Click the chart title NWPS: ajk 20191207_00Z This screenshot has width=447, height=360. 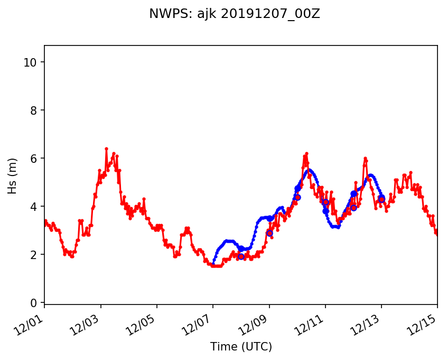(x=234, y=14)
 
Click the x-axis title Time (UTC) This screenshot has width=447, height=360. (x=240, y=347)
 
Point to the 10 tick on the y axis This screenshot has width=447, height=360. (x=32, y=62)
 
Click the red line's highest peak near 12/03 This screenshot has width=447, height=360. (x=106, y=149)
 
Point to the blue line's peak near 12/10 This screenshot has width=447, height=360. (x=309, y=170)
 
